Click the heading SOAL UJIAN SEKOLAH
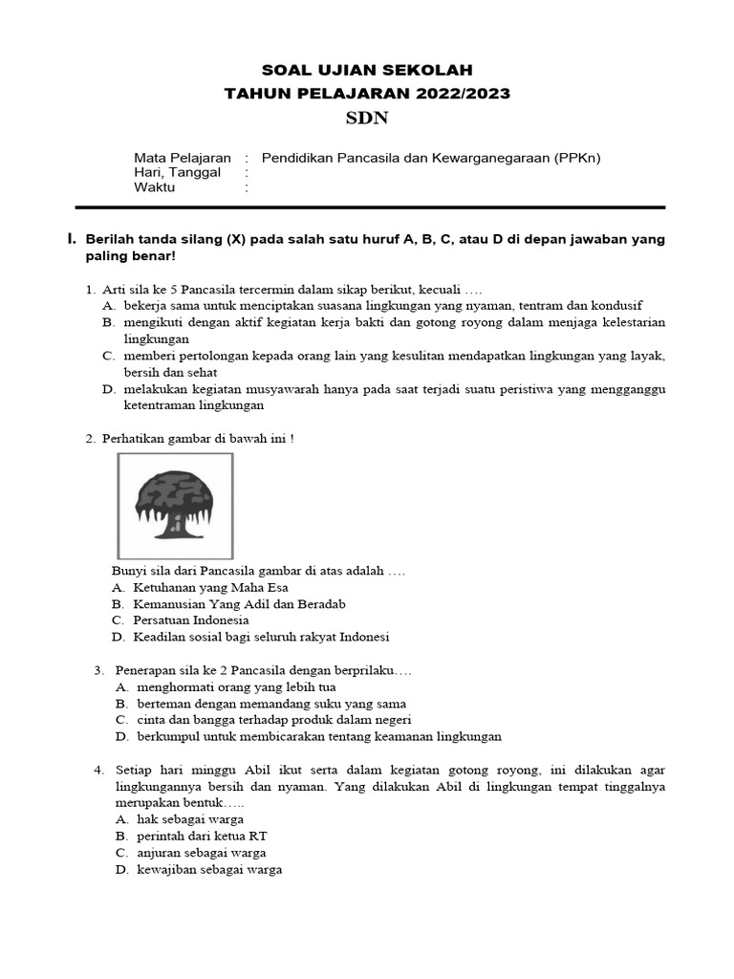(367, 70)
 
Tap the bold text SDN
(367, 119)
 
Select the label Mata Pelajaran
(182, 158)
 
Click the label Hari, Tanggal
(177, 173)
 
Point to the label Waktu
(155, 188)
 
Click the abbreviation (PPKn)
(576, 158)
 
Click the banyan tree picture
(175, 505)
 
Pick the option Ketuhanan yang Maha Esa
(210, 588)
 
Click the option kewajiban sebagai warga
(209, 869)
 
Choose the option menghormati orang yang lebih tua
(236, 686)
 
